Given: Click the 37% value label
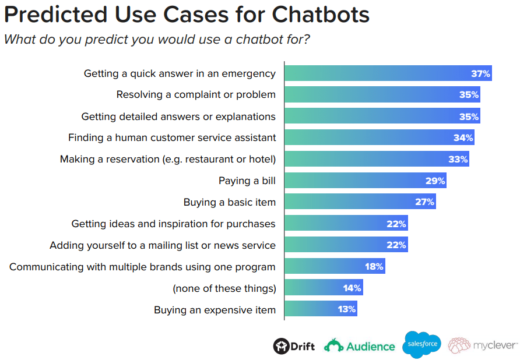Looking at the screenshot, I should click(481, 73).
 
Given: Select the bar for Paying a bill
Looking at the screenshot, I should click(365, 181).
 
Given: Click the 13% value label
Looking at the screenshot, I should click(347, 309).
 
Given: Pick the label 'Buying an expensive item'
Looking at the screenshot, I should click(215, 310).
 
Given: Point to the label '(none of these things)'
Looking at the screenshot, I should click(224, 288).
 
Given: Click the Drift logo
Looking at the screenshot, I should click(294, 346).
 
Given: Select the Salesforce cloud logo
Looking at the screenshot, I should click(421, 344).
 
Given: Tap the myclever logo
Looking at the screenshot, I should click(483, 345).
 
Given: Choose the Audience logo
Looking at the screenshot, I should click(360, 346).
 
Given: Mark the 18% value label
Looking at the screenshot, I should click(374, 267).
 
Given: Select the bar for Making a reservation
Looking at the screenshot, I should click(377, 159).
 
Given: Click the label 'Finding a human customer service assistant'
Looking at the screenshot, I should click(172, 138).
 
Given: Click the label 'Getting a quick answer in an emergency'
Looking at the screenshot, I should click(180, 73).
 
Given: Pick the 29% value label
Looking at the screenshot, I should click(435, 181).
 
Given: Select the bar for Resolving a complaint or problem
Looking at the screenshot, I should click(382, 95).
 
